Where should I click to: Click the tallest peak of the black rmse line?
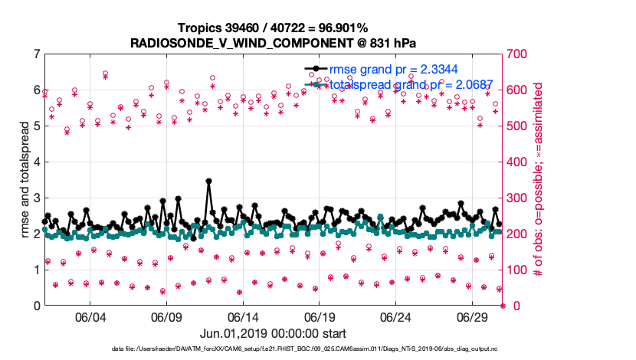(x=208, y=182)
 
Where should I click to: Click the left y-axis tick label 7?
(x=36, y=54)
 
